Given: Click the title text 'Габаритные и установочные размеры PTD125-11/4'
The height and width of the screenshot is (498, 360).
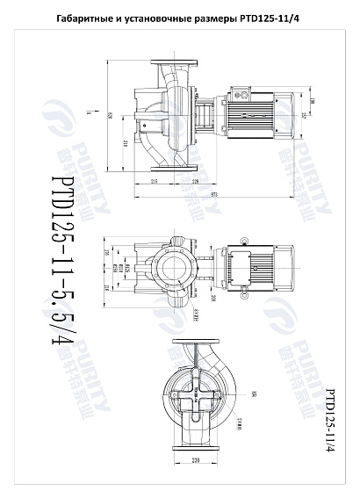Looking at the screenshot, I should click(179, 18).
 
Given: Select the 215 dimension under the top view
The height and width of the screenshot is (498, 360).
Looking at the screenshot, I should click(154, 182).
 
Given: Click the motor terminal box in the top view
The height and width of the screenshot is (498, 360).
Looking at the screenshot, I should click(241, 90).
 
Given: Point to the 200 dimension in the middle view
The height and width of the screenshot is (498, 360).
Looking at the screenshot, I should click(213, 298).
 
